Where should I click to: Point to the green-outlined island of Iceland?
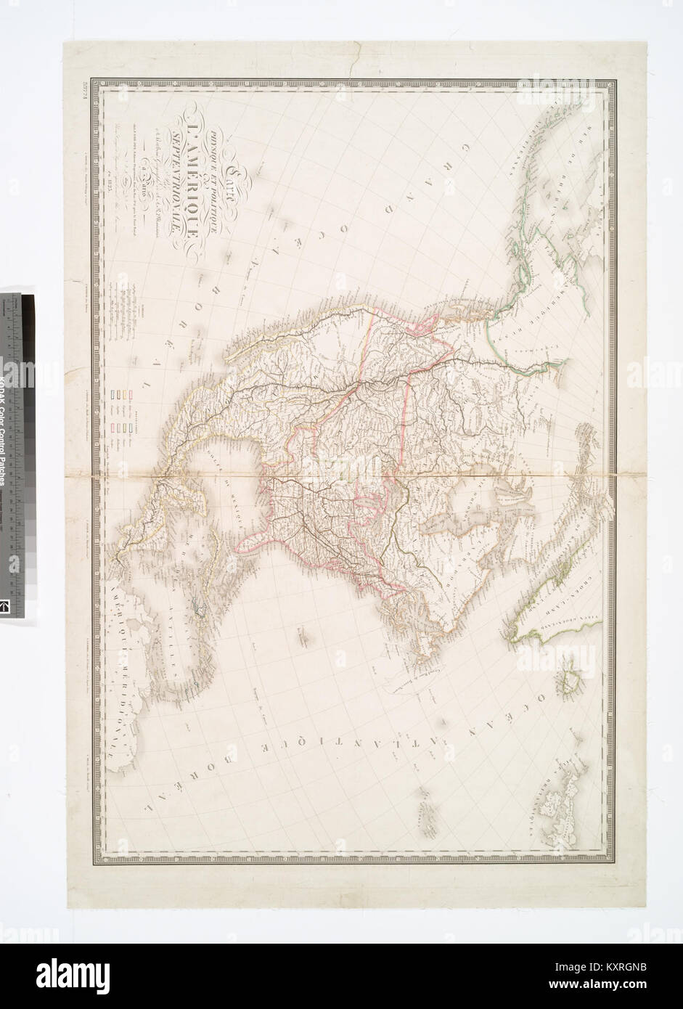[570, 682]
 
